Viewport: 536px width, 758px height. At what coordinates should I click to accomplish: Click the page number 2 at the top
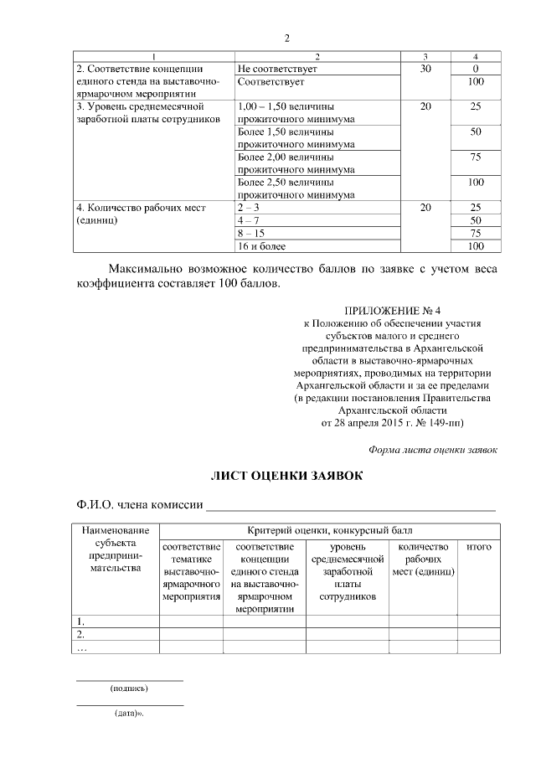(286, 38)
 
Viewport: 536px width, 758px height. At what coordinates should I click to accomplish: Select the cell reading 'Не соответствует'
(276, 68)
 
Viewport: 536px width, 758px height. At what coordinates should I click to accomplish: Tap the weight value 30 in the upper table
(425, 68)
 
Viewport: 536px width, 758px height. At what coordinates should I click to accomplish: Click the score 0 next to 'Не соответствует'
(476, 68)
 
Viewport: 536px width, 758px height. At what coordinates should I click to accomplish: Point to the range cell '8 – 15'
(251, 233)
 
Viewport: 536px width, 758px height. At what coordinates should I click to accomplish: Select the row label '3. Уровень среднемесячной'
(142, 107)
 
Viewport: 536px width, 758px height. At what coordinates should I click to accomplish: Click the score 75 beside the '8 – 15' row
(476, 233)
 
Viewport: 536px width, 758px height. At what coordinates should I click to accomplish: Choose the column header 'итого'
(478, 547)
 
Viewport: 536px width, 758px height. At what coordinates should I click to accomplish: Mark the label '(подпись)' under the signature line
(129, 688)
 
